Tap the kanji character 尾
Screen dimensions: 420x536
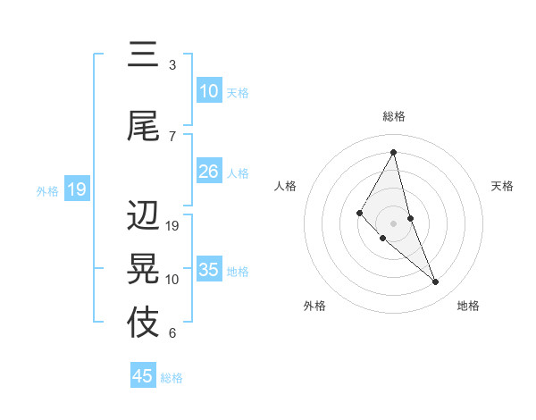[143, 126]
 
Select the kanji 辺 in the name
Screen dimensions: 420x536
[143, 216]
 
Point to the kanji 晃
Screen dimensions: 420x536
[143, 269]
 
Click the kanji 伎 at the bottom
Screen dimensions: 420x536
[143, 323]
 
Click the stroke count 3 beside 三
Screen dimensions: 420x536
[172, 65]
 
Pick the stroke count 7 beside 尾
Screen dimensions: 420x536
[172, 136]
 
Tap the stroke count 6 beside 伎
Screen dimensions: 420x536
[172, 333]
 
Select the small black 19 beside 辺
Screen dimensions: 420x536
[173, 226]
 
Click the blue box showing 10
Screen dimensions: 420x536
[209, 91]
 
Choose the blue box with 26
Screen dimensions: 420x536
[209, 172]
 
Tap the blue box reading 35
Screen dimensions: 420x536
[209, 270]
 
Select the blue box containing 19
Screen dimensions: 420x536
[77, 189]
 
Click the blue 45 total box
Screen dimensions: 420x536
[143, 376]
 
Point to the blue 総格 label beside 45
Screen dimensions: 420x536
[172, 378]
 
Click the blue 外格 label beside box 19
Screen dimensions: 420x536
[46, 190]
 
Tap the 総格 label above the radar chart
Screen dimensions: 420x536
[394, 116]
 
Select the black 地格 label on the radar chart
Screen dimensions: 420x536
[468, 306]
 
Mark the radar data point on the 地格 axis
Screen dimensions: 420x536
[436, 282]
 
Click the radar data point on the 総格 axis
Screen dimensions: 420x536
[394, 152]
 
